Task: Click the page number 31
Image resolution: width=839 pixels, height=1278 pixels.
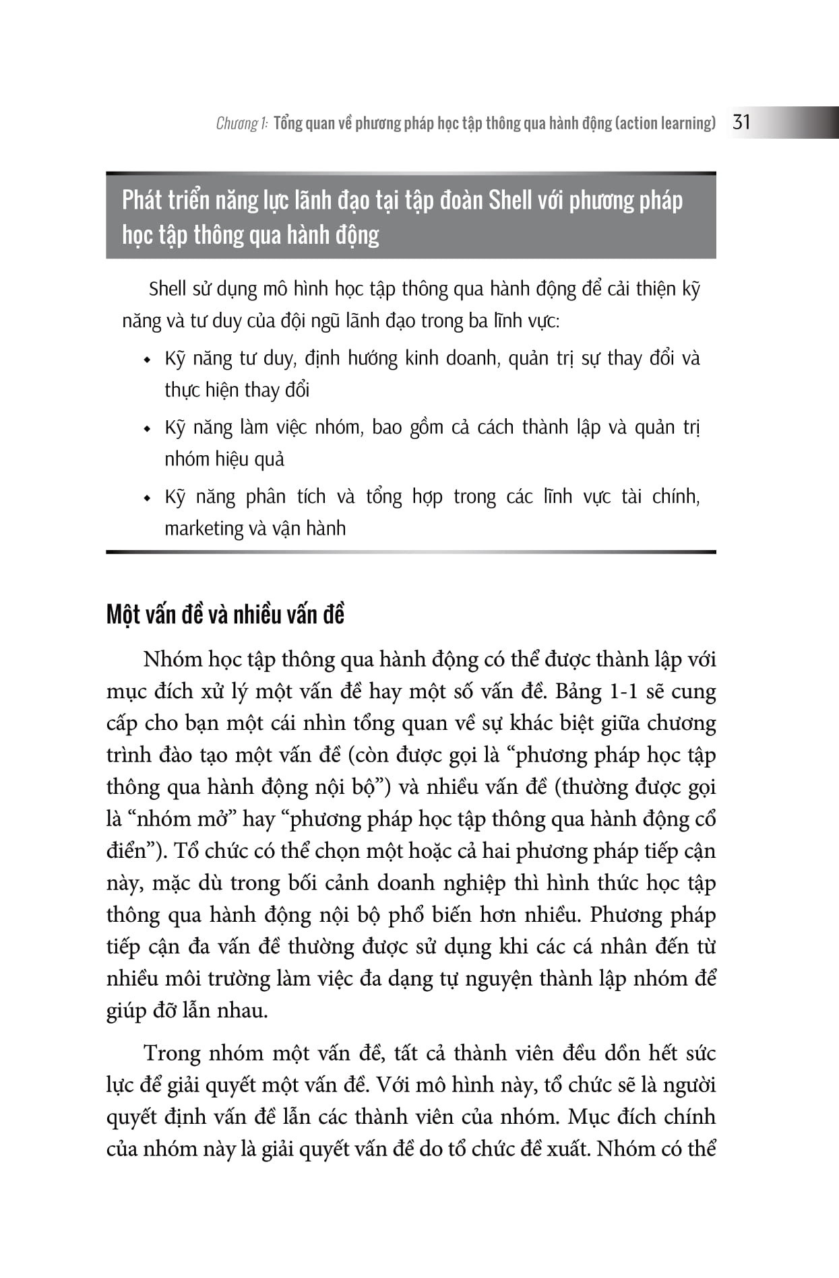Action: point(741,122)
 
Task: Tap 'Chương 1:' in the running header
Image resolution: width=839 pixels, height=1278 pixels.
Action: point(242,123)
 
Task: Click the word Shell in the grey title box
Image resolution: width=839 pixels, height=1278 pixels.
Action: point(510,200)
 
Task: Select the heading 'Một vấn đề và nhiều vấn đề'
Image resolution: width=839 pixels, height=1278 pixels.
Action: point(225,615)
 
